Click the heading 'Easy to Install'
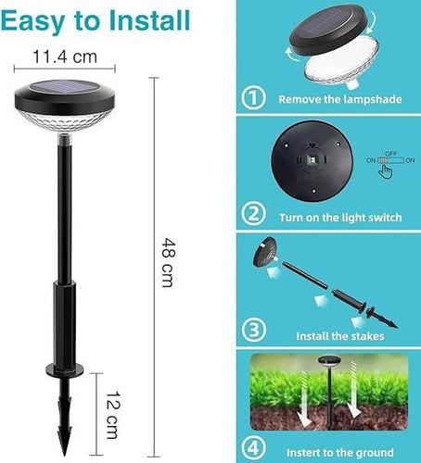(96, 20)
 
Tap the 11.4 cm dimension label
(65, 57)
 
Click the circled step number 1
(253, 97)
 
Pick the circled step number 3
(253, 330)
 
